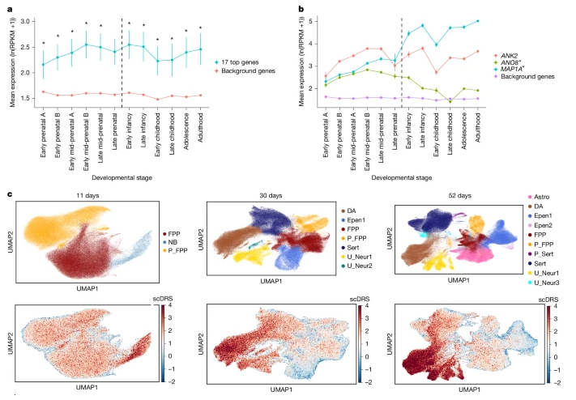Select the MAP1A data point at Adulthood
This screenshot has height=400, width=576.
point(489,21)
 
